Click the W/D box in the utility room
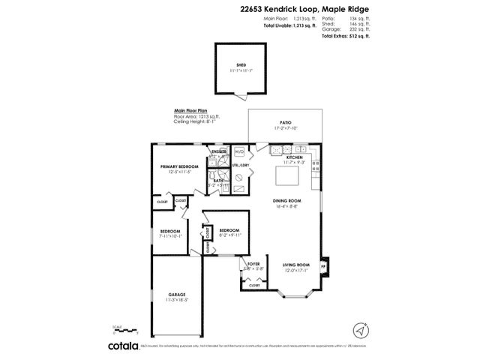point(239,151)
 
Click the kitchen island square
point(288,178)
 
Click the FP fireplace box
point(324,266)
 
